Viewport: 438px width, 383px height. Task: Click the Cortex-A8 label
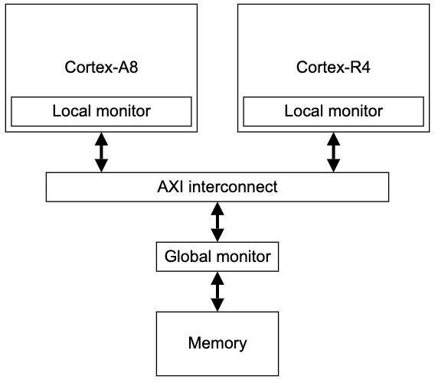101,67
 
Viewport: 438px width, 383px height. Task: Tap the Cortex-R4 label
333,67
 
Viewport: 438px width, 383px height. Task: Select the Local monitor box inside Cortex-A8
101,112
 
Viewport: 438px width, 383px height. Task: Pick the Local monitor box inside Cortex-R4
334,112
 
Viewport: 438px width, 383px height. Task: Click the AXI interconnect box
217,187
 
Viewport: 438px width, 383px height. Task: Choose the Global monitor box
217,257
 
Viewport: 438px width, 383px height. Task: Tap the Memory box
217,344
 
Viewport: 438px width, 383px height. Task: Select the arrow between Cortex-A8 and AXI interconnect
101,152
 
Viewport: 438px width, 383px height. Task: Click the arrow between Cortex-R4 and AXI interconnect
334,152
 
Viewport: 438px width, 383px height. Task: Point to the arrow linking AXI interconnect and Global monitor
217,222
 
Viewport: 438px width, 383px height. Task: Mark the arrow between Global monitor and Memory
217,292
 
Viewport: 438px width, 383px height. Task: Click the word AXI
171,187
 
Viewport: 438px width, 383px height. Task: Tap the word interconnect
233,187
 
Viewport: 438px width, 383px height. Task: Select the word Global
188,256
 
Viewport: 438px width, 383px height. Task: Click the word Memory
217,344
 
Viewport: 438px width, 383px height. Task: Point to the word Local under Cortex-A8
72,111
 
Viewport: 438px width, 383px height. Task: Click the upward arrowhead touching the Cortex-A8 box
101,139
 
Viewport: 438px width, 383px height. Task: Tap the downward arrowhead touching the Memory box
217,305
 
